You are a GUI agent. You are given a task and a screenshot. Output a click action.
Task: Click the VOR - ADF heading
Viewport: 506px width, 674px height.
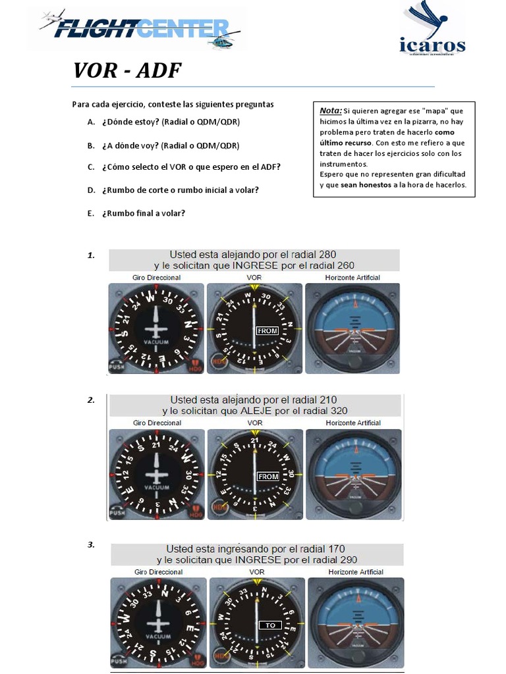(126, 70)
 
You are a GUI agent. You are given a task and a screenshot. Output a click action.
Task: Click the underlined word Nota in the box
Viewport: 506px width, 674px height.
(331, 111)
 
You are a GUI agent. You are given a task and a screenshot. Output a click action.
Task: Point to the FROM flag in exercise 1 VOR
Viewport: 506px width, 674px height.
(267, 331)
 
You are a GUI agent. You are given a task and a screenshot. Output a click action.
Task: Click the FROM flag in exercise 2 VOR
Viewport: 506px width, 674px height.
(268, 476)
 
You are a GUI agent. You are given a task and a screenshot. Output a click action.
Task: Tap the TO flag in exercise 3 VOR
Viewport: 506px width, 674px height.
(270, 625)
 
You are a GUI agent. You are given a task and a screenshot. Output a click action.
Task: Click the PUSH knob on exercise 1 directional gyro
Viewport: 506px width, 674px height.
(117, 367)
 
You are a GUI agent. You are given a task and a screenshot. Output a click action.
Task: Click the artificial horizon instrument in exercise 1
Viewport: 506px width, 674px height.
(352, 328)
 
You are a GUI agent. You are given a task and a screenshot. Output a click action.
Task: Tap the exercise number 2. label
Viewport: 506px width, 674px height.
(91, 400)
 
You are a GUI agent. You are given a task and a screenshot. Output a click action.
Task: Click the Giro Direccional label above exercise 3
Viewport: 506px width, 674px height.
(158, 572)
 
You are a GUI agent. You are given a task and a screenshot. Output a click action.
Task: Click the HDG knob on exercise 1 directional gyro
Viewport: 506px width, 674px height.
(195, 366)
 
